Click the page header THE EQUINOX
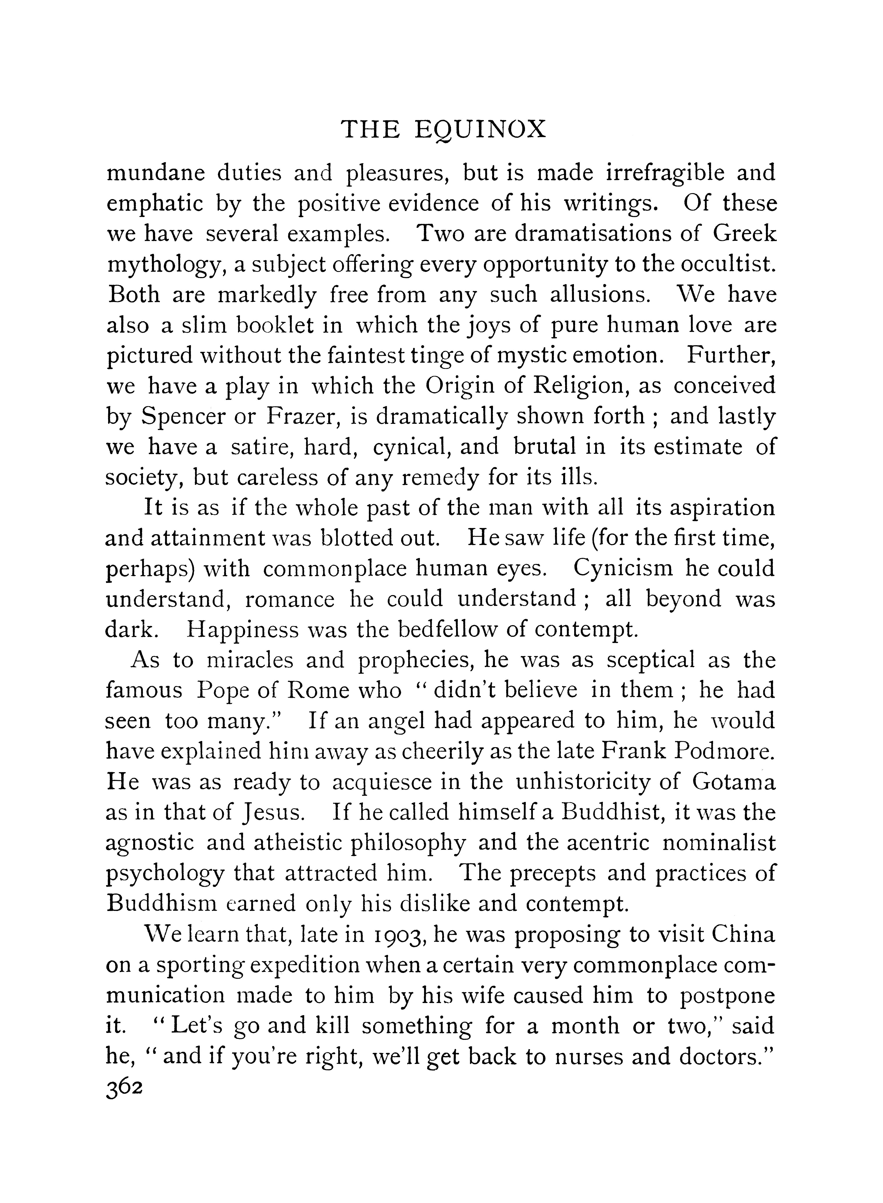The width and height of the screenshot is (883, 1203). [443, 130]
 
